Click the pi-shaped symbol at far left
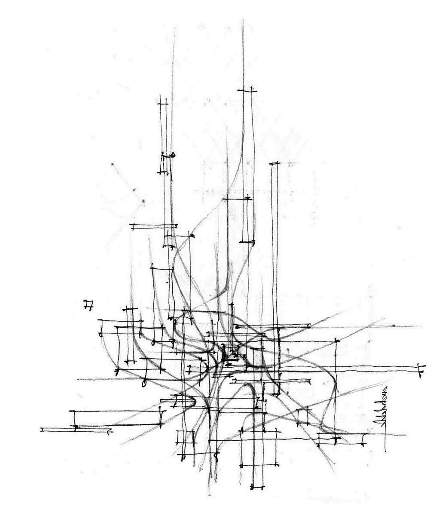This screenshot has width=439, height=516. pyautogui.click(x=89, y=305)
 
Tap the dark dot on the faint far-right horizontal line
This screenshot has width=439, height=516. pyautogui.click(x=393, y=326)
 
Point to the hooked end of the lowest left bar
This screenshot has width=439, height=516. pyautogui.click(x=110, y=430)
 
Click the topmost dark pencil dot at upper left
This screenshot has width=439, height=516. pyautogui.click(x=113, y=164)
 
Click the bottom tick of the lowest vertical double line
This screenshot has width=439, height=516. pyautogui.click(x=257, y=488)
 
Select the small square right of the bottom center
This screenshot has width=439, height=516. pyautogui.click(x=303, y=416)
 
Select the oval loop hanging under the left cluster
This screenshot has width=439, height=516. pyautogui.click(x=144, y=382)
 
